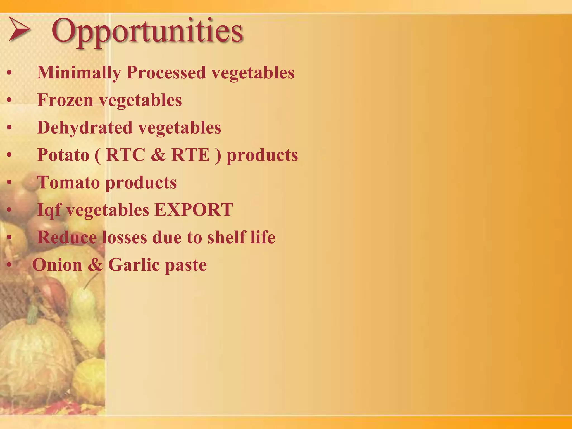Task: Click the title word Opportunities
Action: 147,31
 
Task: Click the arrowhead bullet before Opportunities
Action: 19,29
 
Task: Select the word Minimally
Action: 79,73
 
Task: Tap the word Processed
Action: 166,73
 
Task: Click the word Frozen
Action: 65,100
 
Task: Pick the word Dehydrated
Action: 84,127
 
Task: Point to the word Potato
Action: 63,155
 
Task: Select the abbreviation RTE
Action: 190,155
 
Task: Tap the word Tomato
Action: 68,182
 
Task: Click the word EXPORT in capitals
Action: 194,209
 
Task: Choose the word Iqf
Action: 49,210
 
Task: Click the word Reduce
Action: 67,237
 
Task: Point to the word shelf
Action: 226,237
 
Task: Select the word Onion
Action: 57,264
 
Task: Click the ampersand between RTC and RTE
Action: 158,155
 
